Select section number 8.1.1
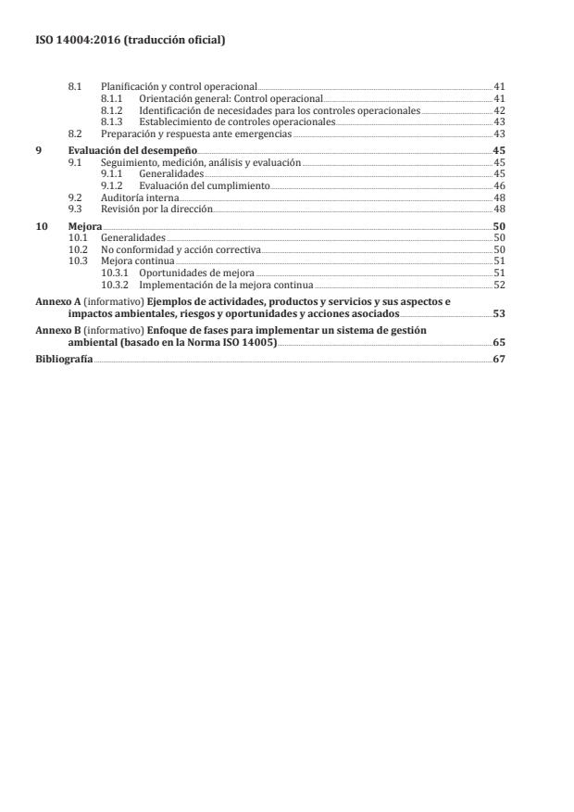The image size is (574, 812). [x=111, y=98]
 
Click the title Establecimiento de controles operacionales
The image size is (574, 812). [x=237, y=121]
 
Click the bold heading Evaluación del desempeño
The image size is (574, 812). [x=132, y=150]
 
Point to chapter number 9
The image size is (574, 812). [x=38, y=150]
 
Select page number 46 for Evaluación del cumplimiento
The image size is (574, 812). [x=498, y=185]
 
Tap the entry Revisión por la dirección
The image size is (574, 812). [x=156, y=209]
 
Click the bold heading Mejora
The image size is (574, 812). [x=85, y=226]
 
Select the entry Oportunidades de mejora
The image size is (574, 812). [x=196, y=273]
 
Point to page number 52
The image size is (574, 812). [x=498, y=285]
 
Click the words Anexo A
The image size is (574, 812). [x=52, y=302]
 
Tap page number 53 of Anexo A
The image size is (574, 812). [x=498, y=314]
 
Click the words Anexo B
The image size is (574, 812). [x=52, y=330]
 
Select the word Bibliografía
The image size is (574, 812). [x=63, y=359]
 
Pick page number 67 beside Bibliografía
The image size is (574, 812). [x=498, y=359]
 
